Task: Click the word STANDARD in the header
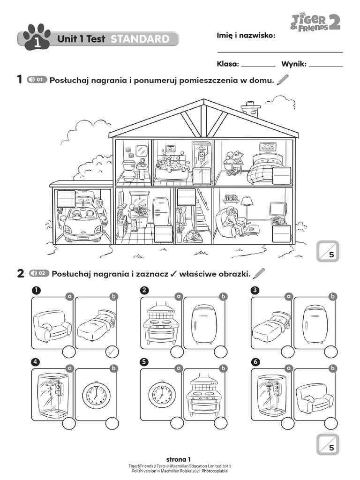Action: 140,39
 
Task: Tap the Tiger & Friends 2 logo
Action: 315,22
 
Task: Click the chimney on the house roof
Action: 251,109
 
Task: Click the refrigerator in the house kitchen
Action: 161,211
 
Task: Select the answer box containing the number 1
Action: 202,176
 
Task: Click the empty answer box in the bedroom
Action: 282,175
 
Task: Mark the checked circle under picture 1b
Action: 112,352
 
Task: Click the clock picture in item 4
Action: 96,395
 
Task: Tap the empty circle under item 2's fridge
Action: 221,352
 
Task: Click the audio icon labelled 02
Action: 39,273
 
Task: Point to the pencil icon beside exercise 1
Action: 283,80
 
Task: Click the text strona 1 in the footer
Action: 179,459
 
